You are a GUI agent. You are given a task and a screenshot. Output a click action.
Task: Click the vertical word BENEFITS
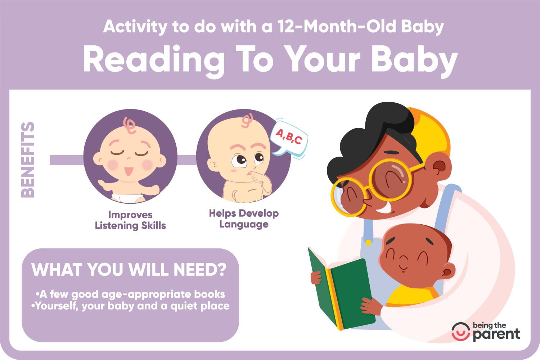[28, 160]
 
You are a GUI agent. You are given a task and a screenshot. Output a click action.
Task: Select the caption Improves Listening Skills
[130, 220]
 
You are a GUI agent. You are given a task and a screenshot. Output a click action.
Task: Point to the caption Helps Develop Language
[244, 219]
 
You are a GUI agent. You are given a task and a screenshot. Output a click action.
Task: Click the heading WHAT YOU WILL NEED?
[129, 269]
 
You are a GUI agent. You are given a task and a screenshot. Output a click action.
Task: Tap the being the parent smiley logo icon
[461, 332]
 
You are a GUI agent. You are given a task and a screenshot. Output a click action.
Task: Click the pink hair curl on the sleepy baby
[130, 125]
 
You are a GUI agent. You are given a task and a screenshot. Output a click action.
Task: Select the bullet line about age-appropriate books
[130, 294]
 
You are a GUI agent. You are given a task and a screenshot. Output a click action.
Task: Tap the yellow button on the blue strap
[368, 242]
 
